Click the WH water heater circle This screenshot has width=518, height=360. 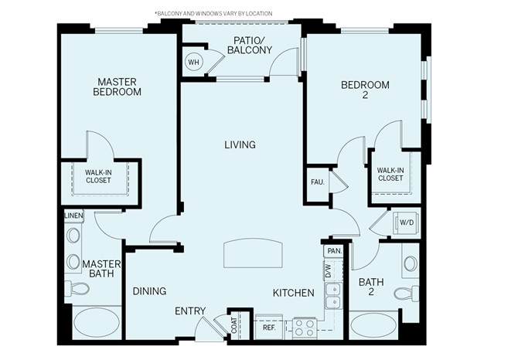(193, 63)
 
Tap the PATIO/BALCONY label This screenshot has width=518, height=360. (249, 45)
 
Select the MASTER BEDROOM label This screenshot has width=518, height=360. (117, 86)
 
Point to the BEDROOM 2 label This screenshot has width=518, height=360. (365, 90)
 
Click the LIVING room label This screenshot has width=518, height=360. (240, 144)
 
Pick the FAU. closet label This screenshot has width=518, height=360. (318, 182)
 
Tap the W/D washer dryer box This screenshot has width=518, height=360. (406, 223)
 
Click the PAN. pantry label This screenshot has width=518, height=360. (334, 251)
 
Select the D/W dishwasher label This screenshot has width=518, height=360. (328, 270)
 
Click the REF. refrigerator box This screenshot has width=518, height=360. (269, 327)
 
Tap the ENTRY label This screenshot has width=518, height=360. (190, 311)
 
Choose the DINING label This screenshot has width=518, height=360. (149, 291)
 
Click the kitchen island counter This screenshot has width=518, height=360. (254, 253)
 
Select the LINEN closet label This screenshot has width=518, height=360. (73, 216)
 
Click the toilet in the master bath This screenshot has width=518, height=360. (77, 288)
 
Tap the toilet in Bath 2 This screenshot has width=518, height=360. (406, 294)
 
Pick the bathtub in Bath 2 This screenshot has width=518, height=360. (374, 324)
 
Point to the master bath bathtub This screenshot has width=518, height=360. (96, 322)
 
